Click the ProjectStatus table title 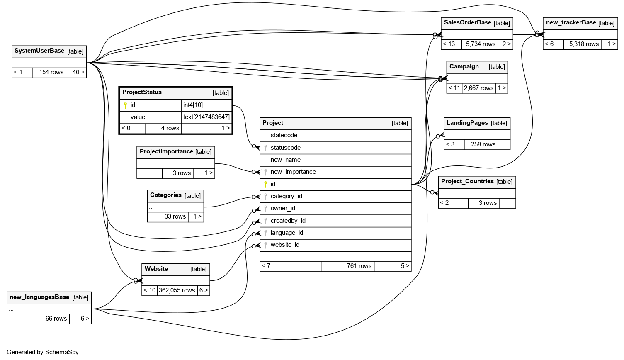(x=142, y=92)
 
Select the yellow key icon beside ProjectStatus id (x=125, y=105)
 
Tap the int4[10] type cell (x=193, y=105)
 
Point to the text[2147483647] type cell (x=206, y=117)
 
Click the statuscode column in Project (x=285, y=148)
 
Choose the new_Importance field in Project (x=293, y=172)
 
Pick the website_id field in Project (x=285, y=245)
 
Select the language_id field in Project (x=287, y=233)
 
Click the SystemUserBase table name (x=39, y=51)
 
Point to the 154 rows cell (x=51, y=73)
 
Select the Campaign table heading (x=464, y=67)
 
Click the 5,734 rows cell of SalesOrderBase (x=481, y=44)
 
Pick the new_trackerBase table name (x=571, y=23)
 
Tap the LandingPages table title (x=467, y=123)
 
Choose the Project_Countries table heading (x=467, y=182)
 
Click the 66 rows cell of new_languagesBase (x=56, y=319)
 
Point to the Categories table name (x=165, y=195)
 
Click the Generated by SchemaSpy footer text (x=43, y=353)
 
